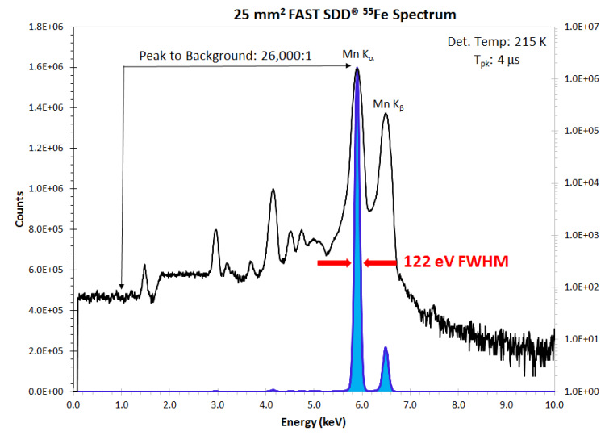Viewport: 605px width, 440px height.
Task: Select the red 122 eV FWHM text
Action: click(453, 262)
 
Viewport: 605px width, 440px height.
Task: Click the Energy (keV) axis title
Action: click(314, 422)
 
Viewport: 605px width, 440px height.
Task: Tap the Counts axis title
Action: click(20, 209)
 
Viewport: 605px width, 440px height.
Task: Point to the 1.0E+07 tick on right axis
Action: click(580, 27)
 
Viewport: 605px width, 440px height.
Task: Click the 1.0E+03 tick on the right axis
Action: click(580, 235)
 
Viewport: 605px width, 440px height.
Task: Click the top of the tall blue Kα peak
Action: click(357, 71)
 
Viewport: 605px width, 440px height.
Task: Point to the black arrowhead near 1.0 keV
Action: click(122, 286)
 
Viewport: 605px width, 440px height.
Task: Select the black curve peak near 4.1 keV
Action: click(273, 191)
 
